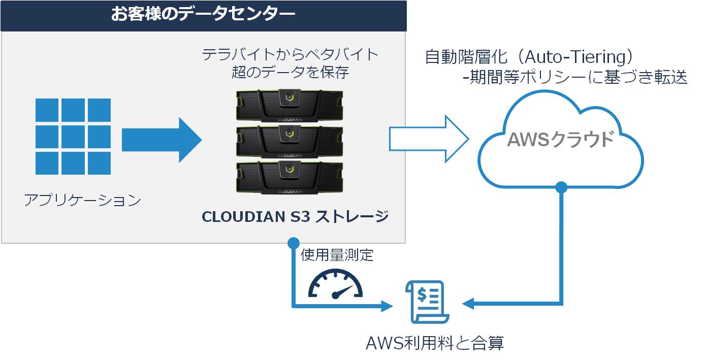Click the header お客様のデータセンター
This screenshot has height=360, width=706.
tap(203, 14)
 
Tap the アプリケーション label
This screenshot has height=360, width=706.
tap(83, 200)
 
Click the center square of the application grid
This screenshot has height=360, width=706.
tap(73, 137)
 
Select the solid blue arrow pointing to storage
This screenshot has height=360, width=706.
tap(162, 140)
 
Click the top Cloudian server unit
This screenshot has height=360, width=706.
tap(290, 106)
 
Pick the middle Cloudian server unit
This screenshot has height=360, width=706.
tap(290, 142)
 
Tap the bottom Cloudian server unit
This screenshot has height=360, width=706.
tap(290, 177)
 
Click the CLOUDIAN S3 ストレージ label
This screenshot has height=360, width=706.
tap(295, 216)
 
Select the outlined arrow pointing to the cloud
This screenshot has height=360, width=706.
tap(429, 139)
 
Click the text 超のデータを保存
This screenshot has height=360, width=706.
tap(291, 72)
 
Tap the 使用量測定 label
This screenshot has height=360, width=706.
tap(337, 255)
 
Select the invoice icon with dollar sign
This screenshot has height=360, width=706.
tap(427, 302)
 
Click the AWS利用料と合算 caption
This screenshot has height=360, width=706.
tap(435, 343)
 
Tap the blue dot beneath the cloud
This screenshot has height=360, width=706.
tap(561, 187)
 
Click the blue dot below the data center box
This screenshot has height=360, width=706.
tap(294, 243)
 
